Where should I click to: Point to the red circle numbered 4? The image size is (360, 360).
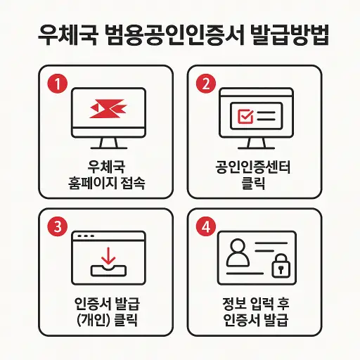pos(205,226)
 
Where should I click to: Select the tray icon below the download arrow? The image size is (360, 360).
pos(107,268)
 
